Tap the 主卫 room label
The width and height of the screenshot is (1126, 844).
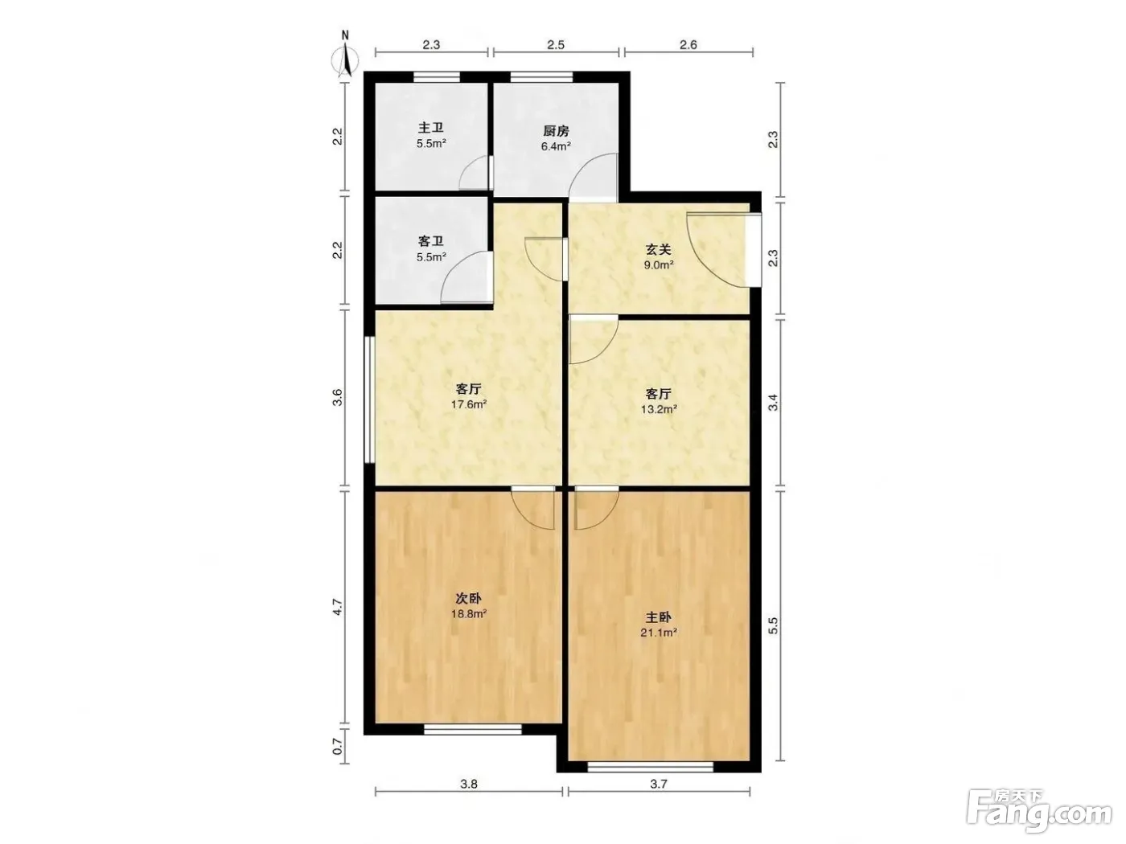(430, 128)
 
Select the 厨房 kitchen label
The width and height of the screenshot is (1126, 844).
(556, 131)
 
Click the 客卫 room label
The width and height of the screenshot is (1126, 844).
(430, 241)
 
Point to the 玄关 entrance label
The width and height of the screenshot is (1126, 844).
(658, 249)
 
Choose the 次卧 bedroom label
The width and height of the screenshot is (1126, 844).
(468, 598)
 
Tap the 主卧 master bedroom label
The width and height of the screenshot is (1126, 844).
(658, 617)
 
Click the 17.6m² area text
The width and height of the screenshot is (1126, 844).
(468, 404)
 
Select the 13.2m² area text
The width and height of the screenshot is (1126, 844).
(659, 409)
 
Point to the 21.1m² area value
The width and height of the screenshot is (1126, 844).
(659, 633)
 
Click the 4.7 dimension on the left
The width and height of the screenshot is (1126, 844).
(337, 607)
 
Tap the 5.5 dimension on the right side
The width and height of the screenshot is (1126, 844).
(773, 625)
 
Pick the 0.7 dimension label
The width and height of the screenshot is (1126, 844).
(337, 746)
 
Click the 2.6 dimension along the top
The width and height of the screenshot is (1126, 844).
(688, 45)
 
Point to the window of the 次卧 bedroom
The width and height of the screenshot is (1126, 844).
(472, 729)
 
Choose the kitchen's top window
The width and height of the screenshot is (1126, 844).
(541, 77)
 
